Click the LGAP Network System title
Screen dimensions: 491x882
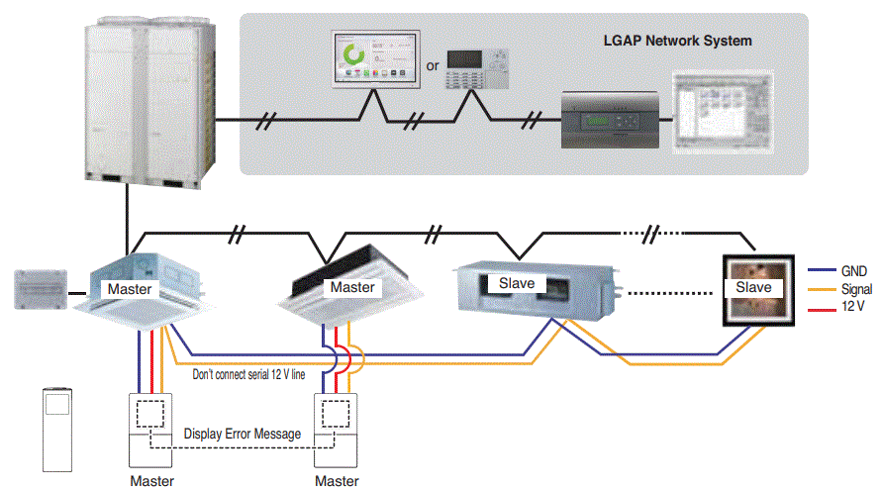[677, 42]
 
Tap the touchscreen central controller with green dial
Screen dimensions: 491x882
[373, 60]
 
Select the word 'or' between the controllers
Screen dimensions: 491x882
[432, 66]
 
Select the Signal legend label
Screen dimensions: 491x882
[856, 289]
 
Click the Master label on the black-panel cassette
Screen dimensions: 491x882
[352, 287]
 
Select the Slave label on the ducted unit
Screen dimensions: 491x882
[517, 283]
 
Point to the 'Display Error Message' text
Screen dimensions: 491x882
[243, 433]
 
